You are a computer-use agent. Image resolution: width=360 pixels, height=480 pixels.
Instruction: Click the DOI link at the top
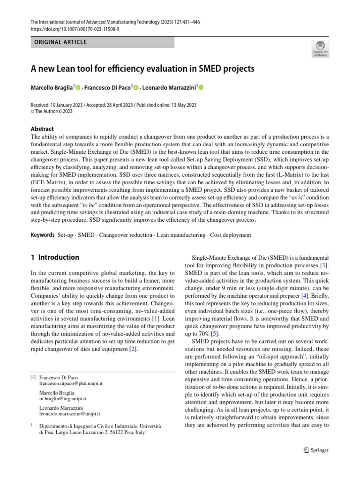click(75, 29)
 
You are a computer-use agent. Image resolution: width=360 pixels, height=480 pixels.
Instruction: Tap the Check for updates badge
click(320, 49)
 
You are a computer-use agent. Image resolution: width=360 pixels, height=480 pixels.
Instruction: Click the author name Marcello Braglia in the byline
click(52, 87)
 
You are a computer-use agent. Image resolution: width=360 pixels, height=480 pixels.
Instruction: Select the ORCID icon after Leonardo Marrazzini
click(202, 87)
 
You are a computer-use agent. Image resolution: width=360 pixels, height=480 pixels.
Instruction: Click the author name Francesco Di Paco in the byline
click(107, 87)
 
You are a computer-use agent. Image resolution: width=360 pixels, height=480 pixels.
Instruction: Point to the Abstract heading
click(42, 129)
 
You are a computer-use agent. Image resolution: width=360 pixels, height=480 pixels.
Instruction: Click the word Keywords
click(43, 235)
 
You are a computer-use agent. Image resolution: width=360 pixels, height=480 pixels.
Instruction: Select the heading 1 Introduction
click(55, 257)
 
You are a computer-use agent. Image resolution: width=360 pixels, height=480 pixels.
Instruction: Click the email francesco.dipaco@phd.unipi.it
click(71, 383)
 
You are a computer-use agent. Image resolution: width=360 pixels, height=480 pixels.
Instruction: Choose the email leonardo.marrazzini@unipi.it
click(70, 414)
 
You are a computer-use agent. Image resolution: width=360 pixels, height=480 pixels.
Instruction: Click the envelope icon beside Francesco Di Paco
click(33, 377)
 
